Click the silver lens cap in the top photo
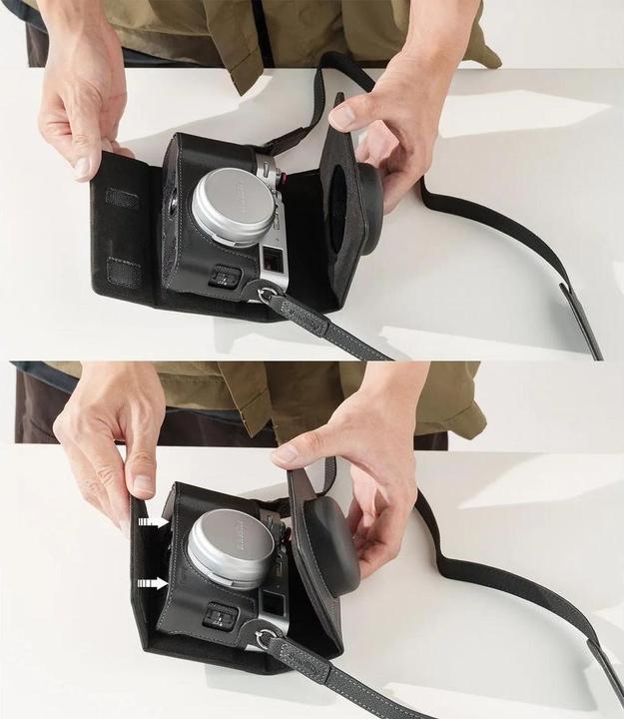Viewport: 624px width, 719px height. pyautogui.click(x=234, y=206)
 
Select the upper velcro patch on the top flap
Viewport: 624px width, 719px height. pyautogui.click(x=122, y=198)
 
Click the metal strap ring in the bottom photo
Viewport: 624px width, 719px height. pyautogui.click(x=263, y=637)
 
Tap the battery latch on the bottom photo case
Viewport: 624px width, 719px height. pyautogui.click(x=222, y=617)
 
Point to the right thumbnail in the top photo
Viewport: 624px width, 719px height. pyautogui.click(x=342, y=117)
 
